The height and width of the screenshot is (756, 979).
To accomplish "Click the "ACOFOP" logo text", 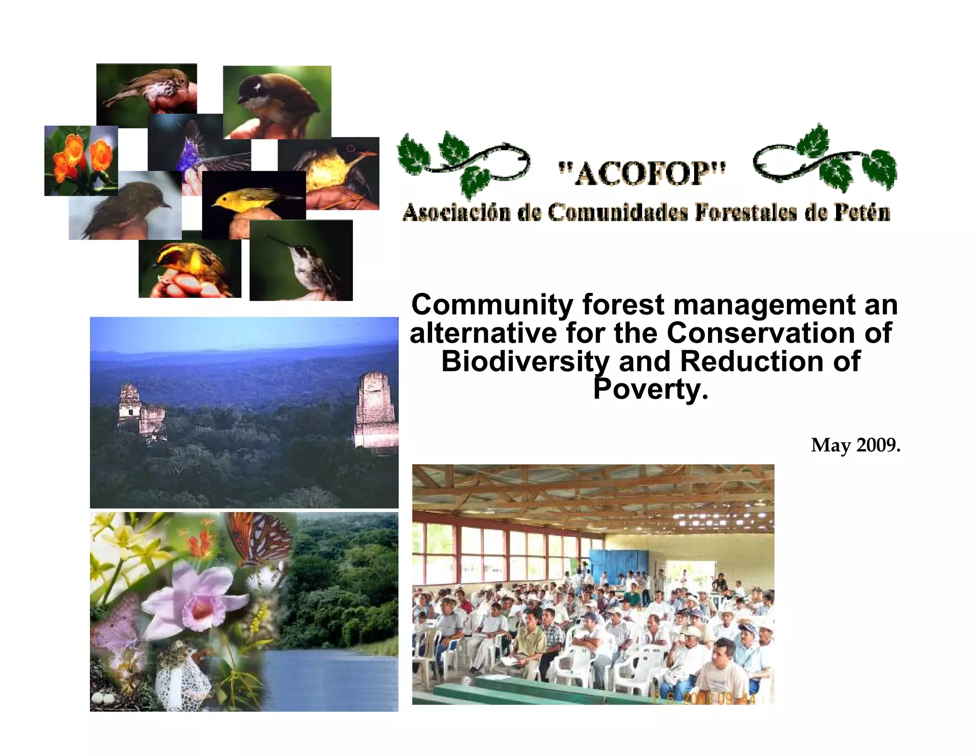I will [642, 173].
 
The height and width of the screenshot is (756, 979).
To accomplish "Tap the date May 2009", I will [855, 445].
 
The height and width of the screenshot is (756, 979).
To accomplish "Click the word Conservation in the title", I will [760, 333].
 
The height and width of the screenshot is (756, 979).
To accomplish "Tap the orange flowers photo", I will [81, 160].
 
